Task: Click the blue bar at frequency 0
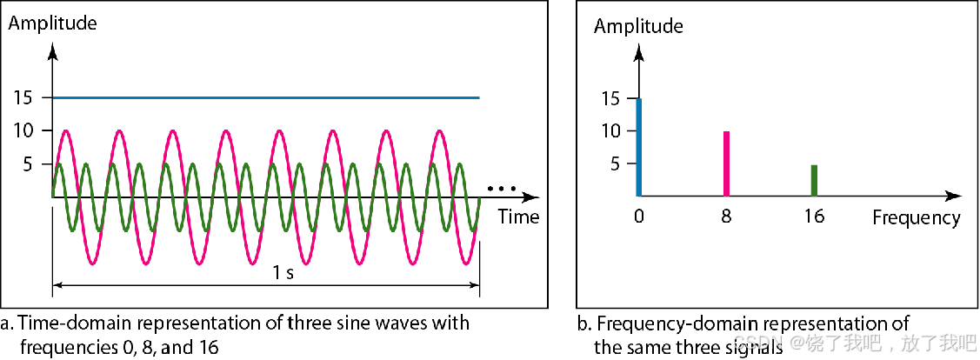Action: (639, 147)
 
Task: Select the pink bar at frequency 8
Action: (726, 163)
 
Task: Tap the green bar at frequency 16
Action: (814, 180)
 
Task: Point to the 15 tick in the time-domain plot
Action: (23, 98)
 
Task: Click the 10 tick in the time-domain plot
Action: (23, 130)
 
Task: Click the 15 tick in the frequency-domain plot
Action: (610, 98)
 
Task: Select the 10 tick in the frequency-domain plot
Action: (610, 130)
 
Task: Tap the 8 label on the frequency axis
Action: (726, 217)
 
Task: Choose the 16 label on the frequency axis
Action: (814, 217)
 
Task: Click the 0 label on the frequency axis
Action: (639, 217)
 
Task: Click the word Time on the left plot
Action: (518, 217)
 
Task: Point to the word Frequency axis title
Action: (917, 217)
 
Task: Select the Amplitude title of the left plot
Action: (52, 23)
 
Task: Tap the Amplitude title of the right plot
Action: (638, 26)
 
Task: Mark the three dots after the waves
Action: (502, 188)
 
